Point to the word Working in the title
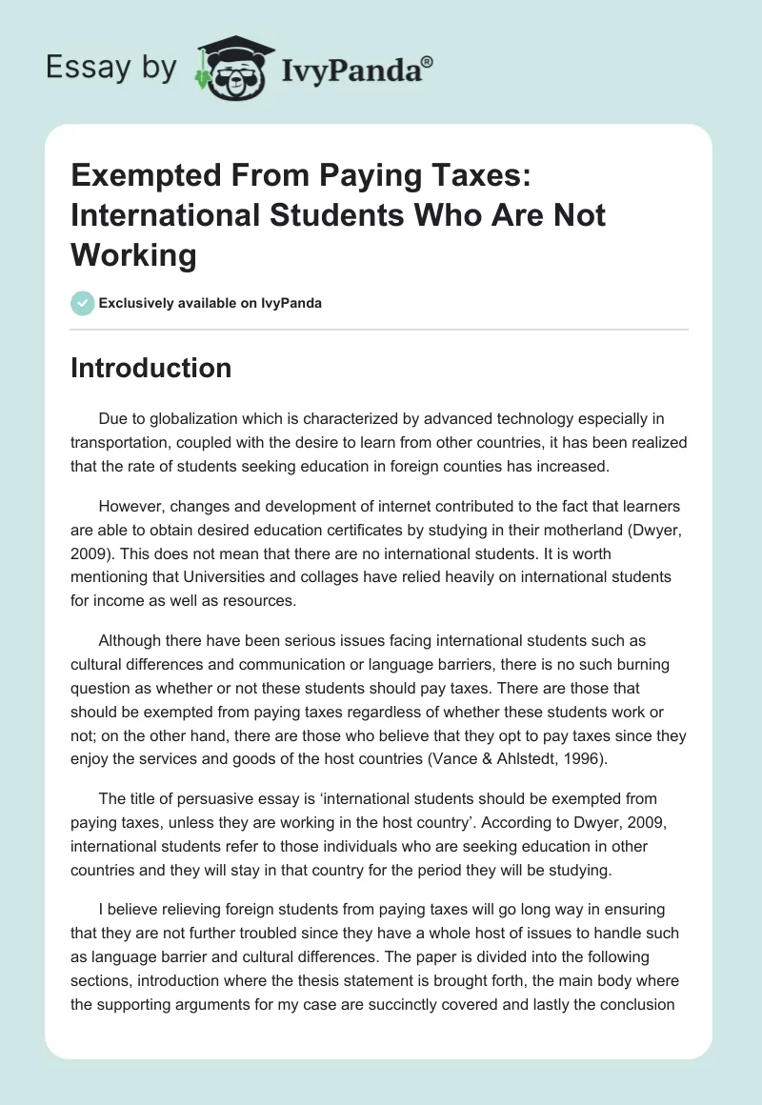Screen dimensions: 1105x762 [x=134, y=255]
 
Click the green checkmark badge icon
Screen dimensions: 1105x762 [x=82, y=304]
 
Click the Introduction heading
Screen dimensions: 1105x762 [x=150, y=368]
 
